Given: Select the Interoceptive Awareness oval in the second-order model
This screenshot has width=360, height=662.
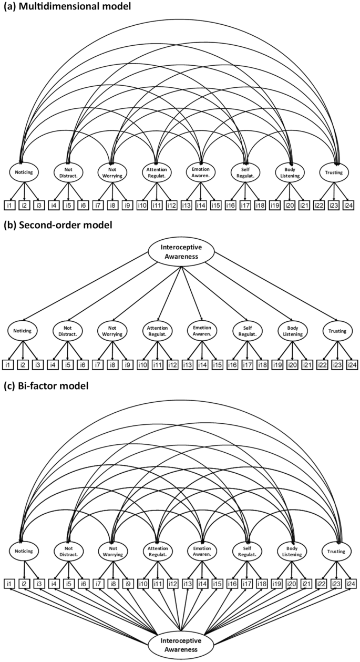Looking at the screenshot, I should click(x=181, y=252).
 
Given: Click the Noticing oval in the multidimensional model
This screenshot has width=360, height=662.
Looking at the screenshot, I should click(x=23, y=172).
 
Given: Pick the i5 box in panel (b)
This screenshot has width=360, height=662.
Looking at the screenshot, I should click(x=68, y=364).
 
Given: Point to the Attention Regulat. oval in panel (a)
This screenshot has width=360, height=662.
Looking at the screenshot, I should click(x=157, y=172).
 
